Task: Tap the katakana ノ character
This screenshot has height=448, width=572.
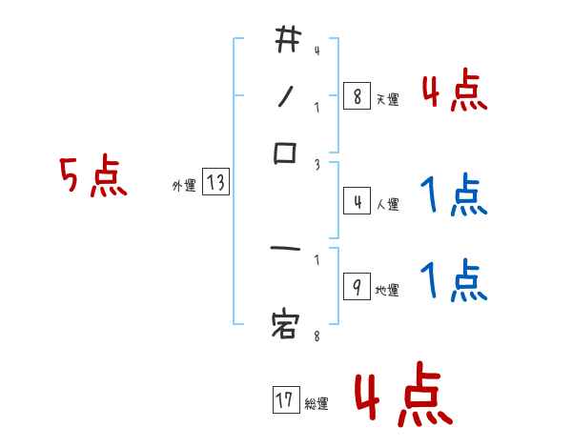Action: (286, 95)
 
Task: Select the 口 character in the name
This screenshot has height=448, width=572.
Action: (287, 153)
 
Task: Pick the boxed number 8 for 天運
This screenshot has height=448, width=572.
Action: (357, 96)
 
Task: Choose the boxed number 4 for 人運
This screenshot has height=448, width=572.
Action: (357, 202)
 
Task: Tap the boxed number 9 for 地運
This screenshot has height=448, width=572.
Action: (357, 288)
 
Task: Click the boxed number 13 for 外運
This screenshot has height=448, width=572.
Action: (215, 183)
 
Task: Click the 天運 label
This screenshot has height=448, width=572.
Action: (387, 99)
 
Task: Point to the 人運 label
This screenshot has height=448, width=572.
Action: (387, 204)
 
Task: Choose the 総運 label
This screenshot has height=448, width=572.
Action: (316, 404)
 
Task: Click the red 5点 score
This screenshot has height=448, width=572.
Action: (93, 178)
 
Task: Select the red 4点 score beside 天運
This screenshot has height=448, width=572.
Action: (454, 92)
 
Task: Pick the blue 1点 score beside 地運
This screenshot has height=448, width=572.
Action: (454, 282)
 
